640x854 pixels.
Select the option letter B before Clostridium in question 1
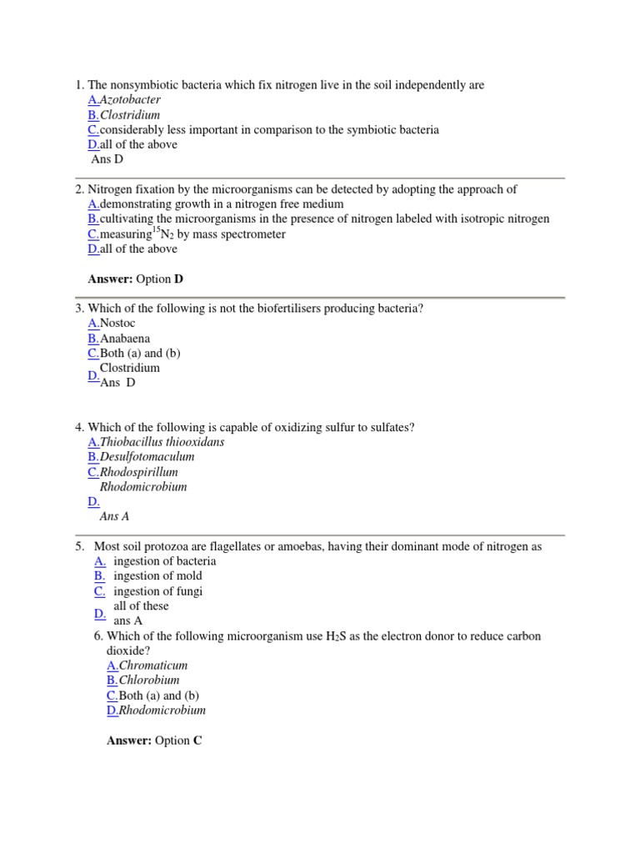point(92,115)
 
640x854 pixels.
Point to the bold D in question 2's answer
point(178,279)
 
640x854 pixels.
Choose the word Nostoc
point(117,323)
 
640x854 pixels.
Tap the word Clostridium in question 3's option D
point(130,368)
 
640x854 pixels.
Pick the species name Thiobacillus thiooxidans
point(162,442)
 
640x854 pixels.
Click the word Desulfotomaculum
point(147,457)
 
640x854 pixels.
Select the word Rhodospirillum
point(139,472)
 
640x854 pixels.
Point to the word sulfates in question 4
point(391,427)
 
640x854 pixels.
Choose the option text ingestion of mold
point(157,576)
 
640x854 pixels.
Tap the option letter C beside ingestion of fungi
point(99,591)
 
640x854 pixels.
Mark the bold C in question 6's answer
point(197,740)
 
